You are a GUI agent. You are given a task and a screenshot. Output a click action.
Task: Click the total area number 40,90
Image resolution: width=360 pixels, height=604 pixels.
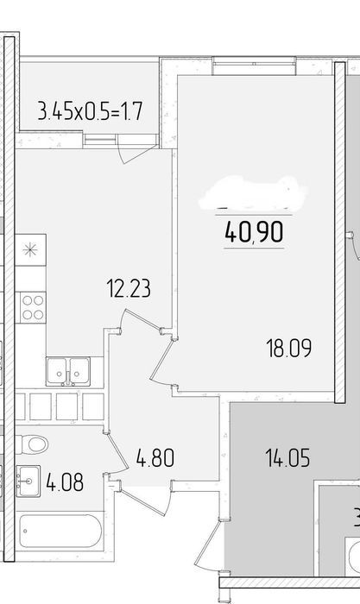click(x=254, y=232)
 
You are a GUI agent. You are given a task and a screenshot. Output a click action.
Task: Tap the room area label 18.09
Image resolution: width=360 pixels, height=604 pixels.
click(x=288, y=349)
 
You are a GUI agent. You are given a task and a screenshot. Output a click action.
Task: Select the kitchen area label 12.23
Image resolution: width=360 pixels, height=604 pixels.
click(x=129, y=288)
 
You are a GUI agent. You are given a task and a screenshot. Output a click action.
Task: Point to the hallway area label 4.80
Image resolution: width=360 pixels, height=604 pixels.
click(x=155, y=458)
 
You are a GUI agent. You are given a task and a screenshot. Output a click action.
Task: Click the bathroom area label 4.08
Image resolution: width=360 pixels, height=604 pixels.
click(x=65, y=482)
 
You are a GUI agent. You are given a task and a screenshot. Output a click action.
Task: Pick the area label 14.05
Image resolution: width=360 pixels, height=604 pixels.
click(x=287, y=458)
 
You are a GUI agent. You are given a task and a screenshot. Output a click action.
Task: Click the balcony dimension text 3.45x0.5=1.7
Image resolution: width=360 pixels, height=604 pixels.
click(x=90, y=111)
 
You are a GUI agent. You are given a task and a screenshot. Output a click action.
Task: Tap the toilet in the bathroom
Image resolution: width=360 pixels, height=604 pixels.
click(x=32, y=444)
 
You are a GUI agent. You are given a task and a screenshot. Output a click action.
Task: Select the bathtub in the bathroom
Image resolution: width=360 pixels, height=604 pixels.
click(x=60, y=531)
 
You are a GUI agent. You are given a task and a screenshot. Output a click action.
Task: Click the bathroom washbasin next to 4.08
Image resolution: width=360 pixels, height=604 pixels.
click(x=28, y=481)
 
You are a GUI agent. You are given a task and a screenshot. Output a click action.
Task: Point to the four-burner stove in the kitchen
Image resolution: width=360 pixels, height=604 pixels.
click(x=33, y=307)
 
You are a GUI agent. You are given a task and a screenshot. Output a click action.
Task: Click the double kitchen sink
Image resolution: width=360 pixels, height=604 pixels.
click(x=68, y=371)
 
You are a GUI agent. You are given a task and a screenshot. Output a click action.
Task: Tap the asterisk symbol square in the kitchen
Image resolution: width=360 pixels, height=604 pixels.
click(x=30, y=250)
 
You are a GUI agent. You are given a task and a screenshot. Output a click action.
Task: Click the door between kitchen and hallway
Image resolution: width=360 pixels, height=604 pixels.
click(x=141, y=320)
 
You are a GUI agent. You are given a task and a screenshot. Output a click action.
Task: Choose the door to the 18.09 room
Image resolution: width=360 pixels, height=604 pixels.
click(x=163, y=362)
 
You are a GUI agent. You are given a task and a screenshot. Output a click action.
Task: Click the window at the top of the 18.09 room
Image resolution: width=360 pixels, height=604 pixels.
click(x=255, y=66)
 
